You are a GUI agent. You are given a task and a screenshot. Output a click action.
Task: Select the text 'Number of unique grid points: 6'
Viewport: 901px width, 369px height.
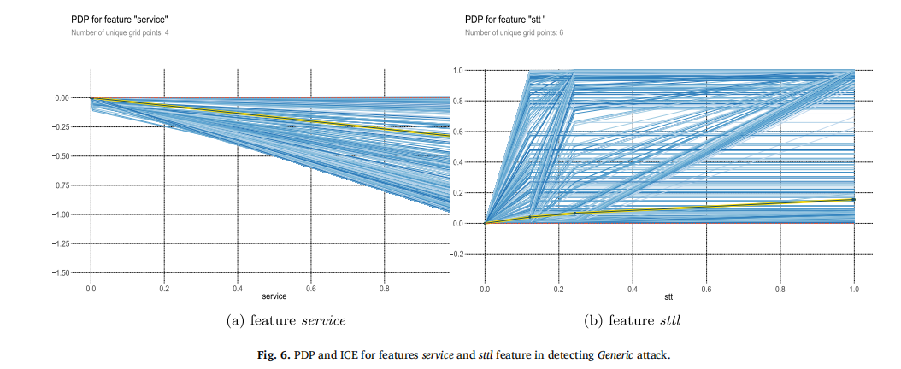coord(514,32)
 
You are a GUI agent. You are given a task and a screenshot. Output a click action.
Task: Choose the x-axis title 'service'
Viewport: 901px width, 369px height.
coord(274,296)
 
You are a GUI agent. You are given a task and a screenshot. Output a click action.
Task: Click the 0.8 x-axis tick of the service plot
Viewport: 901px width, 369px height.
coord(384,289)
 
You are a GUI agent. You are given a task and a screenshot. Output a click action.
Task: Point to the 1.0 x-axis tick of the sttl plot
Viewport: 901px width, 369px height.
coord(853,289)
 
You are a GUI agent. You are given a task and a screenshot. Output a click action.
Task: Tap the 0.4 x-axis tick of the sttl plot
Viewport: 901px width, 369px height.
coord(632,289)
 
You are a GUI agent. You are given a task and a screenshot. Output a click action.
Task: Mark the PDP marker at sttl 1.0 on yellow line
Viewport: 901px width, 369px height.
coord(853,199)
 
